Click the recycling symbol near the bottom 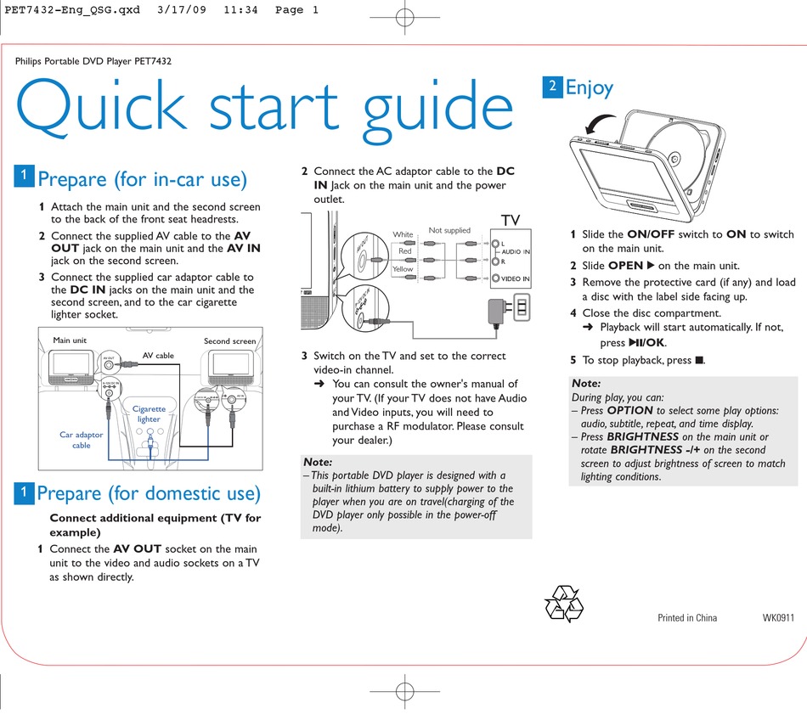(x=563, y=604)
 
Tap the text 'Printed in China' (x=686, y=617)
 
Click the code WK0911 (x=778, y=617)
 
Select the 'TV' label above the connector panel (x=510, y=220)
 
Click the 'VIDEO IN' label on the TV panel (x=515, y=278)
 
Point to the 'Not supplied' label (x=449, y=230)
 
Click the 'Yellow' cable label (x=403, y=269)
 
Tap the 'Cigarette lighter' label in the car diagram (x=149, y=413)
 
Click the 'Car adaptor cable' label (x=81, y=440)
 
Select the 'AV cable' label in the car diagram (x=158, y=356)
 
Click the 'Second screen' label (x=229, y=341)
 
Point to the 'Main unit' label (x=70, y=340)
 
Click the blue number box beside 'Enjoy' (x=552, y=86)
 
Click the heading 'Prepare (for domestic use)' (x=149, y=493)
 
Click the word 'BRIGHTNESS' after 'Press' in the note (x=642, y=436)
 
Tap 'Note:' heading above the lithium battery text (x=318, y=462)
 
